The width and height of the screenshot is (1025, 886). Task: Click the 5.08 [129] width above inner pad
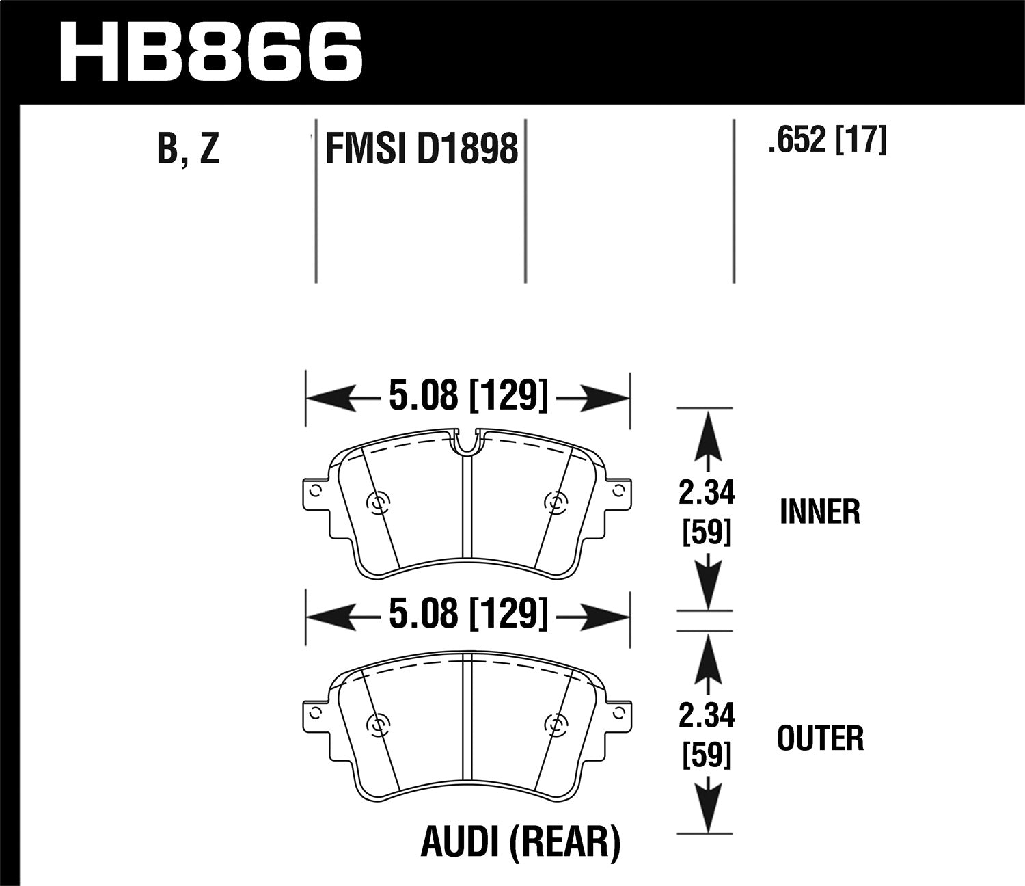pos(468,396)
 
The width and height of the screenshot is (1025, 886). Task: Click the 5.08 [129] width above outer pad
pos(468,613)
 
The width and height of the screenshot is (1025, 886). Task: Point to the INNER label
pos(819,511)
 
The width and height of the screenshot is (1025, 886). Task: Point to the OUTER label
pos(820,738)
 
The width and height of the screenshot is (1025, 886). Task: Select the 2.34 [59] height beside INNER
pos(707,512)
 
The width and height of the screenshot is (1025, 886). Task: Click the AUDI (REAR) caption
pos(520,842)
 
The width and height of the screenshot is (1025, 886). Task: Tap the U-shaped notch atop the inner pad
pos(466,442)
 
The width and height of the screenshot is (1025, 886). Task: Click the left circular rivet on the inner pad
pos(377,504)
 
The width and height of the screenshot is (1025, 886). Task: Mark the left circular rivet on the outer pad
pos(377,724)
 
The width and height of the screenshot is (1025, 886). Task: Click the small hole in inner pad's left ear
pos(314,490)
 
